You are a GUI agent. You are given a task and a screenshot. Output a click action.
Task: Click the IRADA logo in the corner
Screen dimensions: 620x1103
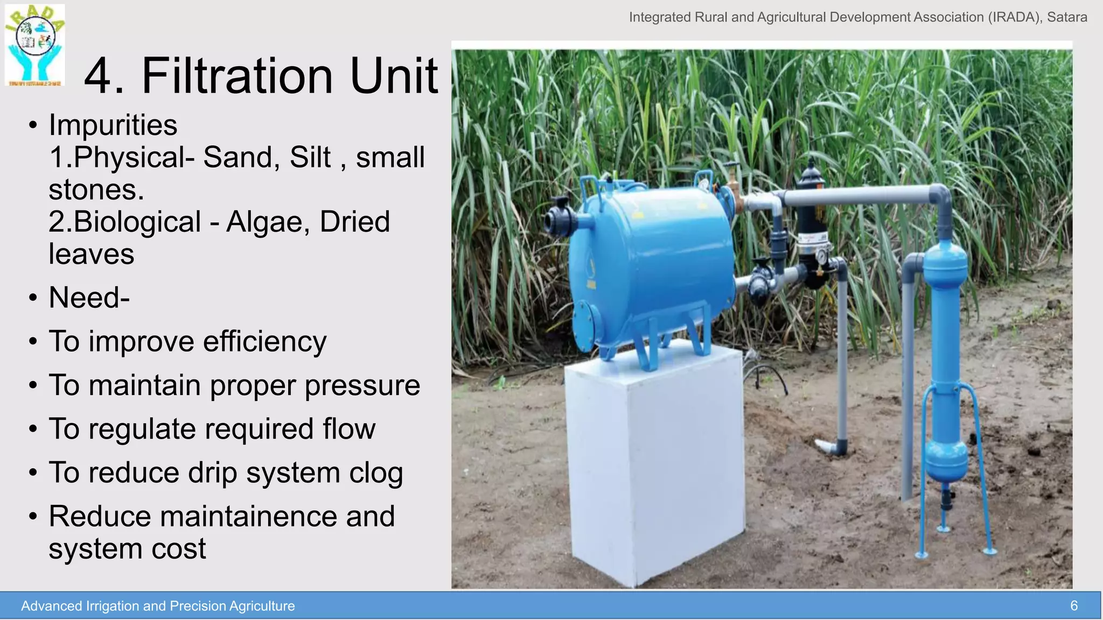(x=35, y=45)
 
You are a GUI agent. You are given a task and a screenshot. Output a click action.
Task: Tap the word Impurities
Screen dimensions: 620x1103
(x=113, y=125)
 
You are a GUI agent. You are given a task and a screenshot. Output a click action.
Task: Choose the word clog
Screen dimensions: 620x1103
(x=376, y=473)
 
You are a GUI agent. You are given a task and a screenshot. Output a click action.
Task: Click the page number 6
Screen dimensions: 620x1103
(x=1073, y=606)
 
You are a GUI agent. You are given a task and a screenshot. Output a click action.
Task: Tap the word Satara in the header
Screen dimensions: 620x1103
(x=1066, y=17)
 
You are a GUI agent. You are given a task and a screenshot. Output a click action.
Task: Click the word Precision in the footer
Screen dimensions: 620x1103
(x=198, y=606)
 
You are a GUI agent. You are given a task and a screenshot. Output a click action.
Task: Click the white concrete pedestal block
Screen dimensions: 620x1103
(x=654, y=463)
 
